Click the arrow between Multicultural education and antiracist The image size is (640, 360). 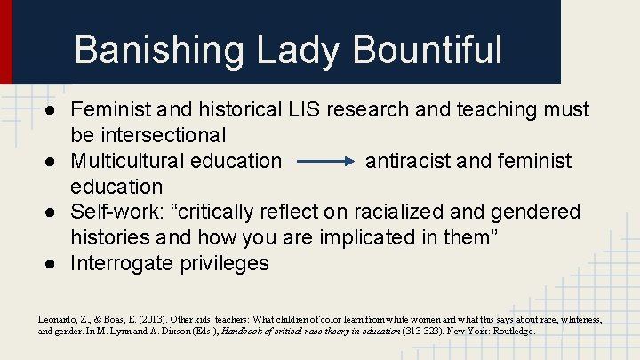tap(324, 162)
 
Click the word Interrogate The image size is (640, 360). tap(121, 264)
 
